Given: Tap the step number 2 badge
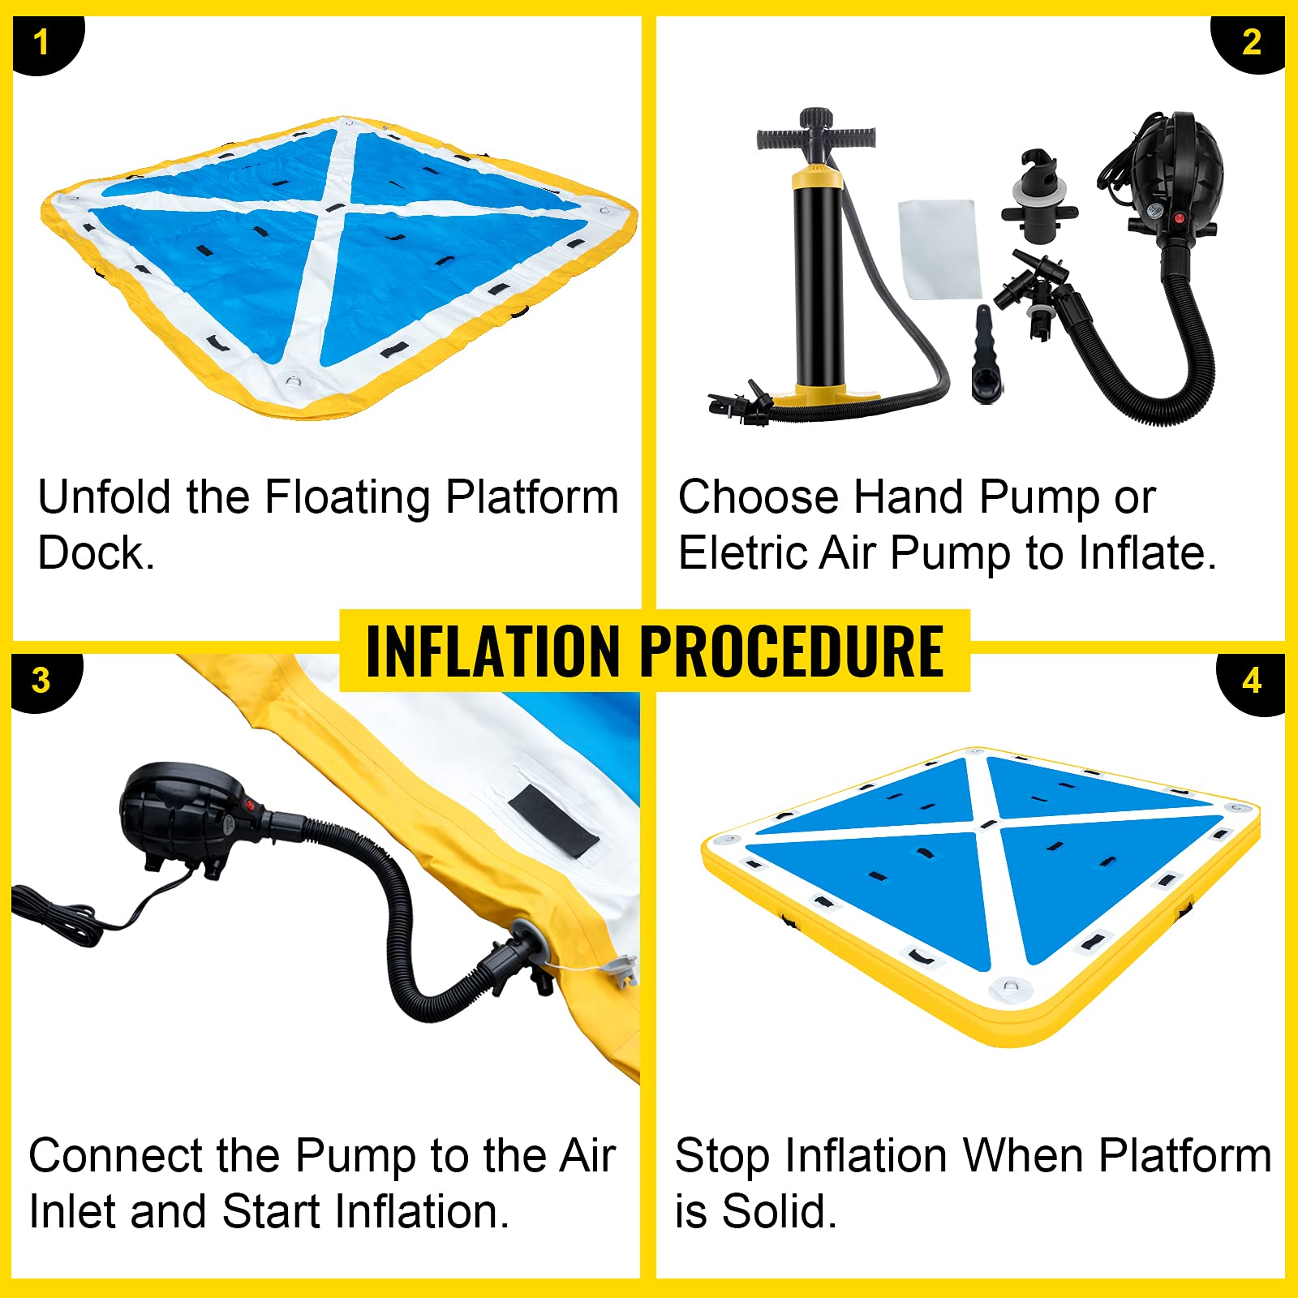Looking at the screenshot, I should point(1252,42).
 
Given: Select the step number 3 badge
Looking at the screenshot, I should point(41,681).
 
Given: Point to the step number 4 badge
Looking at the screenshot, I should point(1252,681).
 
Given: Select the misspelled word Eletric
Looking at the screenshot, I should point(741,553).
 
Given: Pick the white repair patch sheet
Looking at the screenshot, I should point(939,247).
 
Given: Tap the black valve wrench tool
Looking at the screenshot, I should point(984,357).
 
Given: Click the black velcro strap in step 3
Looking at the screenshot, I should point(553,820).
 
